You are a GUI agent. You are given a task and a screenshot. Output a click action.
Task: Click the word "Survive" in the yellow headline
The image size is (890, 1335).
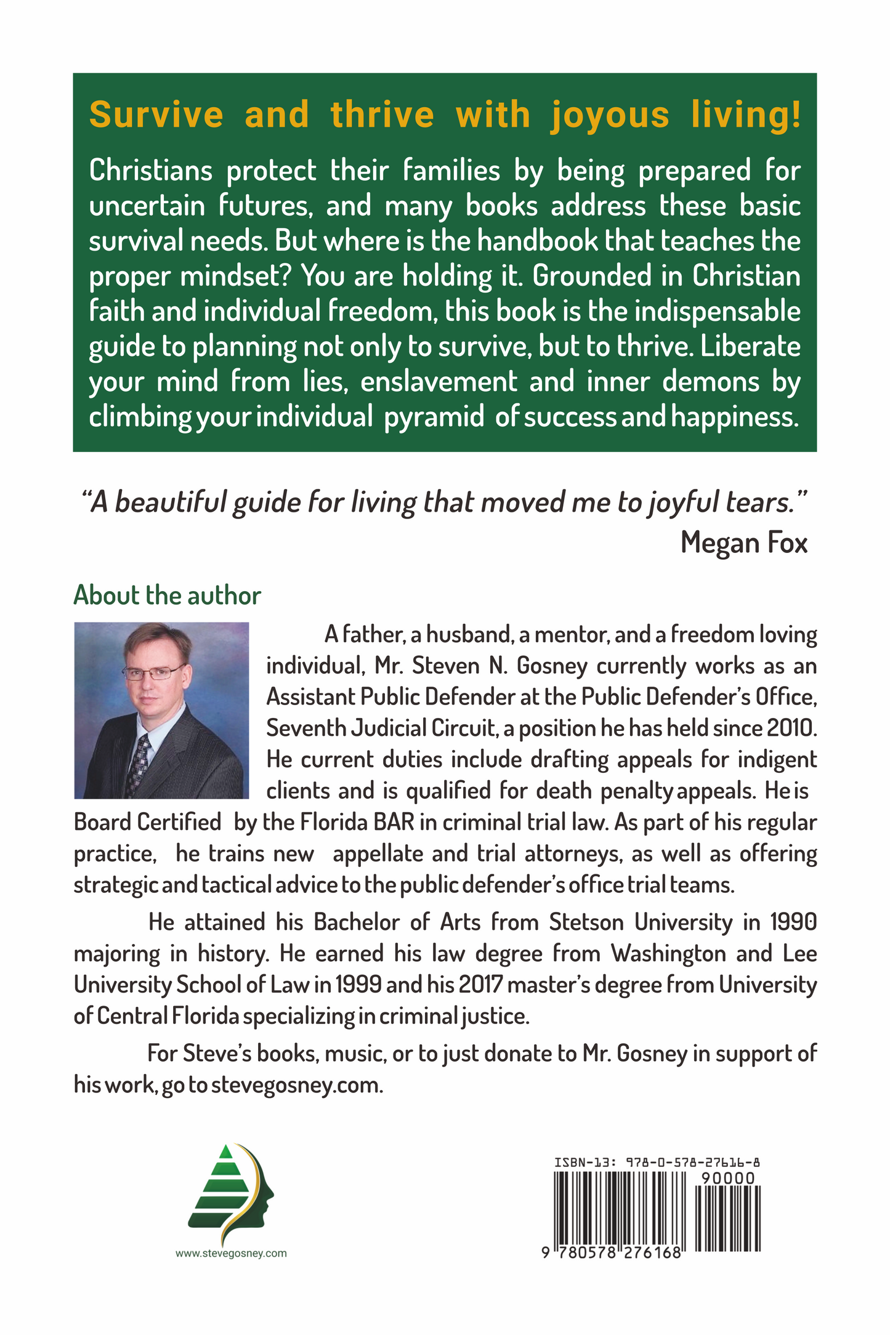[156, 115]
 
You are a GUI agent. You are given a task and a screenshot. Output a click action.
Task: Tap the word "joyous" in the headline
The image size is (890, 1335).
[609, 115]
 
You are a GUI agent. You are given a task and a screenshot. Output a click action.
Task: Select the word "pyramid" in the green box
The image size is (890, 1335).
[434, 417]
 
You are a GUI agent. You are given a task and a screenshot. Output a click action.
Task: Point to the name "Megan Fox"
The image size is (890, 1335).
[743, 542]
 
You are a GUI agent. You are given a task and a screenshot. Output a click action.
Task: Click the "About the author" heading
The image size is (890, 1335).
[167, 595]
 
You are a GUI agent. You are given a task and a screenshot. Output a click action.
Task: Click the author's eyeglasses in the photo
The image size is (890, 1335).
[154, 672]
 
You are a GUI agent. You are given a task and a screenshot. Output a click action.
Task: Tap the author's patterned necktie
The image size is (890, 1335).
[139, 764]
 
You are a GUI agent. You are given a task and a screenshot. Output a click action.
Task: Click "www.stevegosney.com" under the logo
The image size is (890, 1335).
[231, 1253]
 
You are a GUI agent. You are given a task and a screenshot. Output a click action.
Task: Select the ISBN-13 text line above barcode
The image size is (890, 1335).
[657, 1163]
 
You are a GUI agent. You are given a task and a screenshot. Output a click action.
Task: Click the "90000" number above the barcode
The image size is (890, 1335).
[728, 1179]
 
